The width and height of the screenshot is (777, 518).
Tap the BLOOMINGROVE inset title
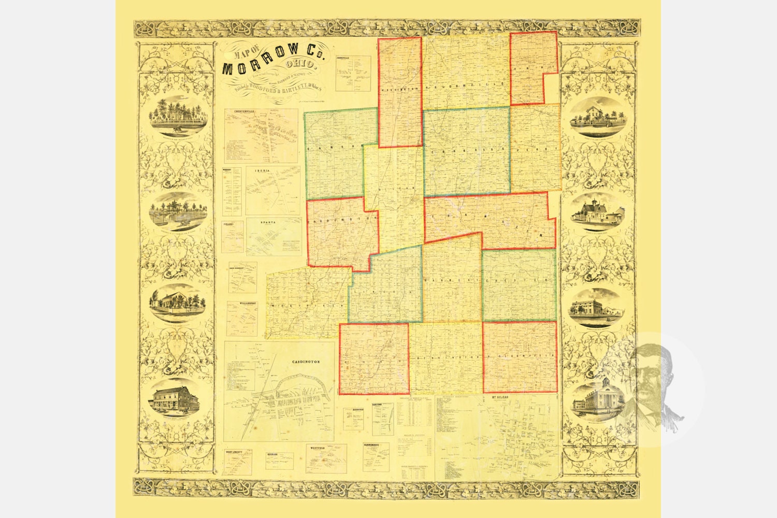[376, 445]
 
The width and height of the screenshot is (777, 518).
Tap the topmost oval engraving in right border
[598, 117]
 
